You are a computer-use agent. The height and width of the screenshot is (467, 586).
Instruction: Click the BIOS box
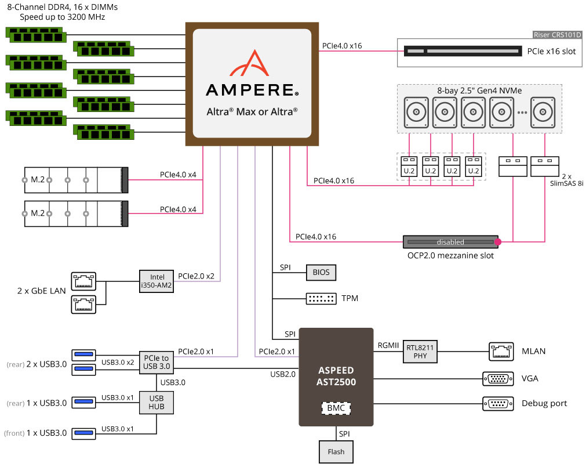click(x=321, y=273)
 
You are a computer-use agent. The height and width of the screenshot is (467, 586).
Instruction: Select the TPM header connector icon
click(x=321, y=298)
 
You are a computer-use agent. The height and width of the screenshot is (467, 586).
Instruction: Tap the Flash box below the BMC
click(x=336, y=452)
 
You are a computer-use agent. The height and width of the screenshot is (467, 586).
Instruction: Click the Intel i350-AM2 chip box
click(x=156, y=281)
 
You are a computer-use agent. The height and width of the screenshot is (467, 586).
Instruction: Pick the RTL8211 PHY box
click(x=420, y=352)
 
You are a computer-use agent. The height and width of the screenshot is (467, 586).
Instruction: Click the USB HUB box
click(x=156, y=403)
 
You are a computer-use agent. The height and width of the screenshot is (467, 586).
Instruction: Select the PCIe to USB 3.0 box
click(x=156, y=363)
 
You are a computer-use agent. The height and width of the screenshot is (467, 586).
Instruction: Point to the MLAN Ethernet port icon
click(x=501, y=351)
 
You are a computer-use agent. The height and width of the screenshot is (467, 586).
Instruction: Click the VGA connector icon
click(x=498, y=379)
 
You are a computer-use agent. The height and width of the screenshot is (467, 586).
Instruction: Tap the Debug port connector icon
click(x=498, y=404)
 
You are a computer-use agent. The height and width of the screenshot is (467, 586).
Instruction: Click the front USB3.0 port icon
click(x=83, y=433)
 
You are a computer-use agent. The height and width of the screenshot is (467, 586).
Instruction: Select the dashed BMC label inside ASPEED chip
click(x=336, y=408)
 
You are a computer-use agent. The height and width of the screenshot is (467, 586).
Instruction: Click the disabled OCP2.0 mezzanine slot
click(x=450, y=242)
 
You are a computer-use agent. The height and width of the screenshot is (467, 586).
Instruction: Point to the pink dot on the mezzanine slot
click(x=498, y=242)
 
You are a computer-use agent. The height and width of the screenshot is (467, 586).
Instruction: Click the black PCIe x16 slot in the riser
click(x=463, y=51)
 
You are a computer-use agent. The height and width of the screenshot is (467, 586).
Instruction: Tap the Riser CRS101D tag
click(x=557, y=35)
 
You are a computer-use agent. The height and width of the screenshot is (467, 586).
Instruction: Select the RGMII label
click(x=388, y=345)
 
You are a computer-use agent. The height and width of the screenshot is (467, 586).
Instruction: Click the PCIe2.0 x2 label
click(x=196, y=276)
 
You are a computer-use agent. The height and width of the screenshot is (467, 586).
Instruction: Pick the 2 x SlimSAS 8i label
click(x=566, y=180)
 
